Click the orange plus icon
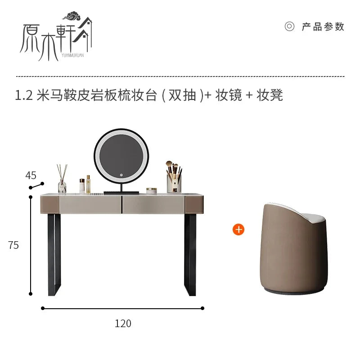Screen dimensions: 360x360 (x=238, y=229)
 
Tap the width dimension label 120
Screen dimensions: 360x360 (x=123, y=324)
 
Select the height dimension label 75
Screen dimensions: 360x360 (x=13, y=245)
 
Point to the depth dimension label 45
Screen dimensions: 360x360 (x=31, y=175)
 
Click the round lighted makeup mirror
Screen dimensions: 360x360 (x=121, y=156)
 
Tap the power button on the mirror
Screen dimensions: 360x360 (x=121, y=175)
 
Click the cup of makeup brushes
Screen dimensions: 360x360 (x=174, y=177)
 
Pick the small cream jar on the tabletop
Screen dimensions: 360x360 (x=152, y=191)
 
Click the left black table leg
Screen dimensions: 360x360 (x=54, y=255)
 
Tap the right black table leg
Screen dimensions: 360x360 (x=190, y=255)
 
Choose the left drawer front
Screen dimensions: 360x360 (x=90, y=205)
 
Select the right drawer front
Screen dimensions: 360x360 (x=153, y=205)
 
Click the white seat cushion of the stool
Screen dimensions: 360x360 (x=313, y=217)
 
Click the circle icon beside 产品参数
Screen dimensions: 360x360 (x=289, y=27)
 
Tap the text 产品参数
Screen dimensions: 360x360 (x=323, y=27)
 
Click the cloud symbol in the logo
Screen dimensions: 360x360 (x=72, y=16)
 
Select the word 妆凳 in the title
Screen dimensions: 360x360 (x=270, y=95)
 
